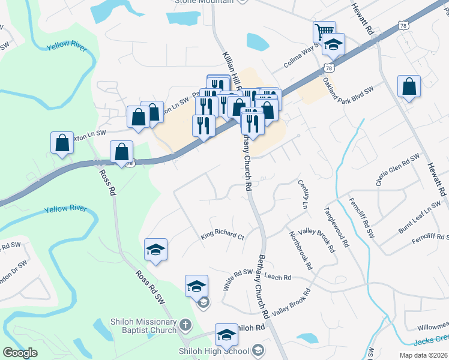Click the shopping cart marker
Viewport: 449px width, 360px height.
click(x=324, y=31)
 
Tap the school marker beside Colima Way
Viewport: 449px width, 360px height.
click(x=333, y=46)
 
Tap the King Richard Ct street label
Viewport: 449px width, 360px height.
click(x=223, y=236)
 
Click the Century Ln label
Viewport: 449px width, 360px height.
click(x=306, y=197)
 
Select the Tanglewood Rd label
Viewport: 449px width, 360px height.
click(x=336, y=227)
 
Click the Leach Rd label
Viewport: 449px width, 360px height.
click(x=277, y=277)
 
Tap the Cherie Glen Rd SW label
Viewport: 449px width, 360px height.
click(x=397, y=169)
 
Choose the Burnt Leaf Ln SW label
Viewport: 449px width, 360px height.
click(x=419, y=219)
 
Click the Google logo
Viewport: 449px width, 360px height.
click(x=20, y=353)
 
